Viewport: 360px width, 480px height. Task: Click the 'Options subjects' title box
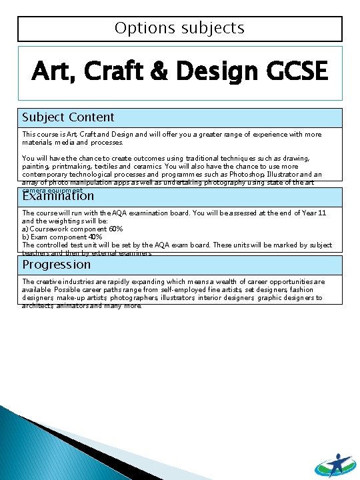179,29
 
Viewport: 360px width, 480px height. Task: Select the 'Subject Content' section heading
68,117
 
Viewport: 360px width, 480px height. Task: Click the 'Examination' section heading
58,196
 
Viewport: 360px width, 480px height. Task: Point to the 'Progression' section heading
57,265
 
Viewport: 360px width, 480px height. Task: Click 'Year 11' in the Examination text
312,213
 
